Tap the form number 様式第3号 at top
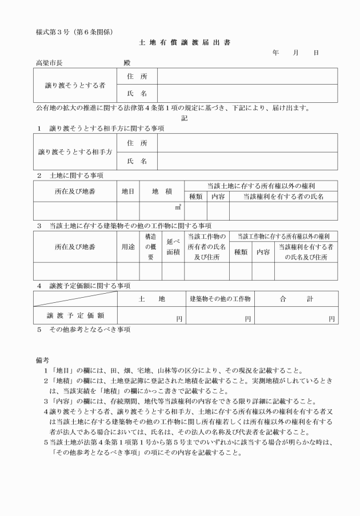click(x=49, y=31)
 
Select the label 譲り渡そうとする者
click(x=75, y=85)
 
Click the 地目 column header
click(x=128, y=191)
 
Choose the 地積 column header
click(x=162, y=191)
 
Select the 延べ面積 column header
click(x=173, y=247)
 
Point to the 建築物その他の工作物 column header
click(x=220, y=299)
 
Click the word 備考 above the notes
click(x=43, y=359)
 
